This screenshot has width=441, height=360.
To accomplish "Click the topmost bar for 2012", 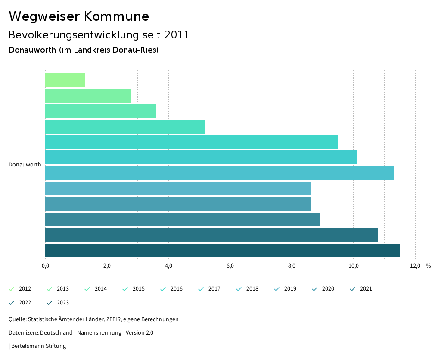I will pyautogui.click(x=65, y=80).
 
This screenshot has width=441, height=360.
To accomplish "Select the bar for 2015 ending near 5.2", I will pyautogui.click(x=125, y=127).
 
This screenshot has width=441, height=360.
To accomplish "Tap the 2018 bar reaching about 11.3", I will pyautogui.click(x=219, y=173).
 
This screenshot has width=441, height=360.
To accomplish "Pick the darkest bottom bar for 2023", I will pyautogui.click(x=222, y=250).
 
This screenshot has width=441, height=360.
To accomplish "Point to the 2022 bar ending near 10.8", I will pyautogui.click(x=211, y=235).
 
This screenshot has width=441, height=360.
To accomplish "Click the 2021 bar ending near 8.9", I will pyautogui.click(x=182, y=219).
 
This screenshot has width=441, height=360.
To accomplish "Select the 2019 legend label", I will pyautogui.click(x=290, y=289).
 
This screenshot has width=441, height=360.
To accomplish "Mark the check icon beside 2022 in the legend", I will pyautogui.click(x=12, y=303).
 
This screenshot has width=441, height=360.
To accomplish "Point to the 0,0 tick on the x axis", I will pyautogui.click(x=45, y=266).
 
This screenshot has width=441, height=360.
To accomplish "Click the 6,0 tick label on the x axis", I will pyautogui.click(x=230, y=266).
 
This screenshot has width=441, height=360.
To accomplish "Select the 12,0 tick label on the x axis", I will pyautogui.click(x=415, y=266).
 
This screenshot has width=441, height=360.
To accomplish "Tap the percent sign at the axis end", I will pyautogui.click(x=428, y=266).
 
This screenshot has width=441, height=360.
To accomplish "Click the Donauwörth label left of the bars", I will pyautogui.click(x=25, y=165).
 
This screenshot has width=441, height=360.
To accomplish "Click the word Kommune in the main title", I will pyautogui.click(x=116, y=16).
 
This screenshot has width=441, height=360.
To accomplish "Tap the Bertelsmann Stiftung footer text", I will pyautogui.click(x=38, y=346).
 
